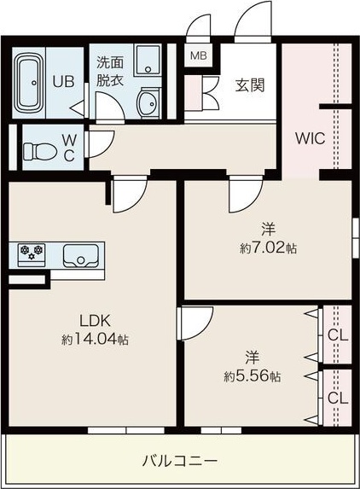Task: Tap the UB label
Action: (x=63, y=82)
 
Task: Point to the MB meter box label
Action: (x=198, y=56)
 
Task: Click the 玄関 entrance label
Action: (x=248, y=85)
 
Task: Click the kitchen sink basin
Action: (x=81, y=255)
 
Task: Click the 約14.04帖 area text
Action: (x=95, y=339)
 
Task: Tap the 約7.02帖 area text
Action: (x=267, y=248)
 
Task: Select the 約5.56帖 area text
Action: (x=253, y=376)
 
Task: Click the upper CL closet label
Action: (x=338, y=335)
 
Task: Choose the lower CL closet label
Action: (x=338, y=398)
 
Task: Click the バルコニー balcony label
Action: (x=179, y=461)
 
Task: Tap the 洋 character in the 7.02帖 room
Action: (x=268, y=229)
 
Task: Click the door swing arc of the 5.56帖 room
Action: (x=195, y=325)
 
